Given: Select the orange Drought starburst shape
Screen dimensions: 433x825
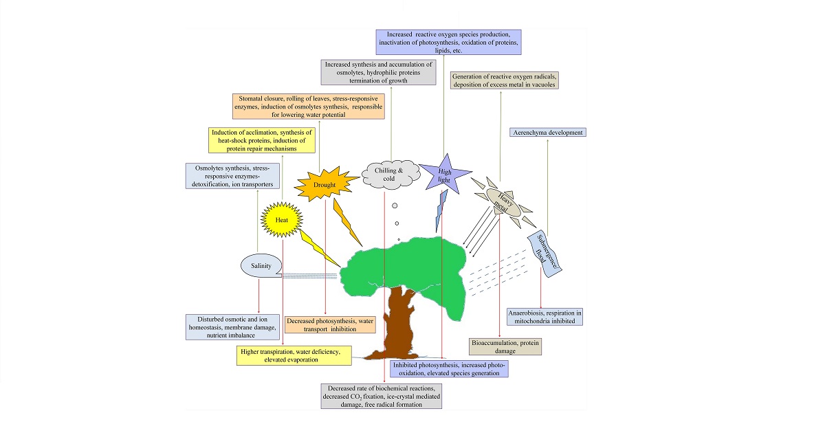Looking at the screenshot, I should pyautogui.click(x=325, y=184).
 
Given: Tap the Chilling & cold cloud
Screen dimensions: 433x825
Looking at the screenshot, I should pyautogui.click(x=390, y=173).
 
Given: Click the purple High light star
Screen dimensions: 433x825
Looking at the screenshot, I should pyautogui.click(x=441, y=173).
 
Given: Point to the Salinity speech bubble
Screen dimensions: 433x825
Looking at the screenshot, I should pyautogui.click(x=261, y=265).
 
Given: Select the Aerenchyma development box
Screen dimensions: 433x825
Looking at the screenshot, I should pyautogui.click(x=547, y=132).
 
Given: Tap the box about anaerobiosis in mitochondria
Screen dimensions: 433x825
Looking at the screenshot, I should pyautogui.click(x=544, y=316).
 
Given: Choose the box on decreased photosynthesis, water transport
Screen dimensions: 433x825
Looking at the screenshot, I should pyautogui.click(x=331, y=324).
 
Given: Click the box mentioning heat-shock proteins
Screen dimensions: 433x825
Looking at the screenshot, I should pyautogui.click(x=262, y=140).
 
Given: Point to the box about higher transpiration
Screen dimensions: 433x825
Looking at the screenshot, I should pyautogui.click(x=292, y=355).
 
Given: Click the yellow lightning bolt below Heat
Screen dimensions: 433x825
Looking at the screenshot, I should pyautogui.click(x=317, y=248).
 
